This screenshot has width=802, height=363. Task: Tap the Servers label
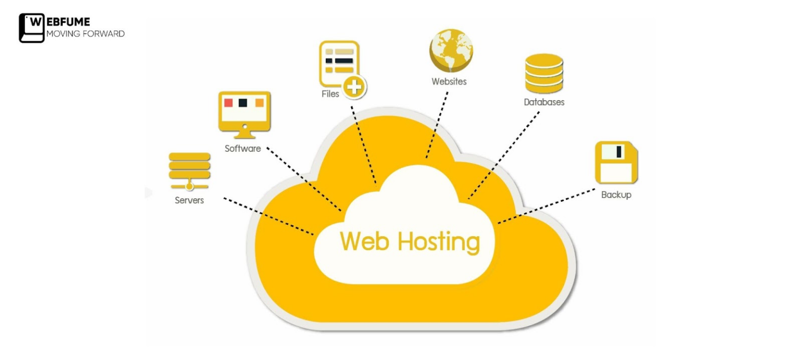tap(189, 200)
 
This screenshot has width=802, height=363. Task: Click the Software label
tap(243, 149)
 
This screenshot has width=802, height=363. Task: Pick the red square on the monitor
tap(228, 103)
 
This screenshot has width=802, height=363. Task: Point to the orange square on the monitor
tap(260, 103)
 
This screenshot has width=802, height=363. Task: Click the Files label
tap(330, 94)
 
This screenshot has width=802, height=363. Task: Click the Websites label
tap(449, 81)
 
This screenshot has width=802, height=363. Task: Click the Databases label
tap(544, 102)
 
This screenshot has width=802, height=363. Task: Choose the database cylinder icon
tap(544, 73)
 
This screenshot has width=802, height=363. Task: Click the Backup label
tap(616, 195)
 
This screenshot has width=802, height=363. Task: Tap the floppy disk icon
tap(616, 162)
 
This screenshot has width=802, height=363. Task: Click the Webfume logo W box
tap(31, 28)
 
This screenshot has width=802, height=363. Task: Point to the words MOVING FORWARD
tap(86, 34)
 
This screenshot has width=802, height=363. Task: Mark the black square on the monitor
tap(243, 103)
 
